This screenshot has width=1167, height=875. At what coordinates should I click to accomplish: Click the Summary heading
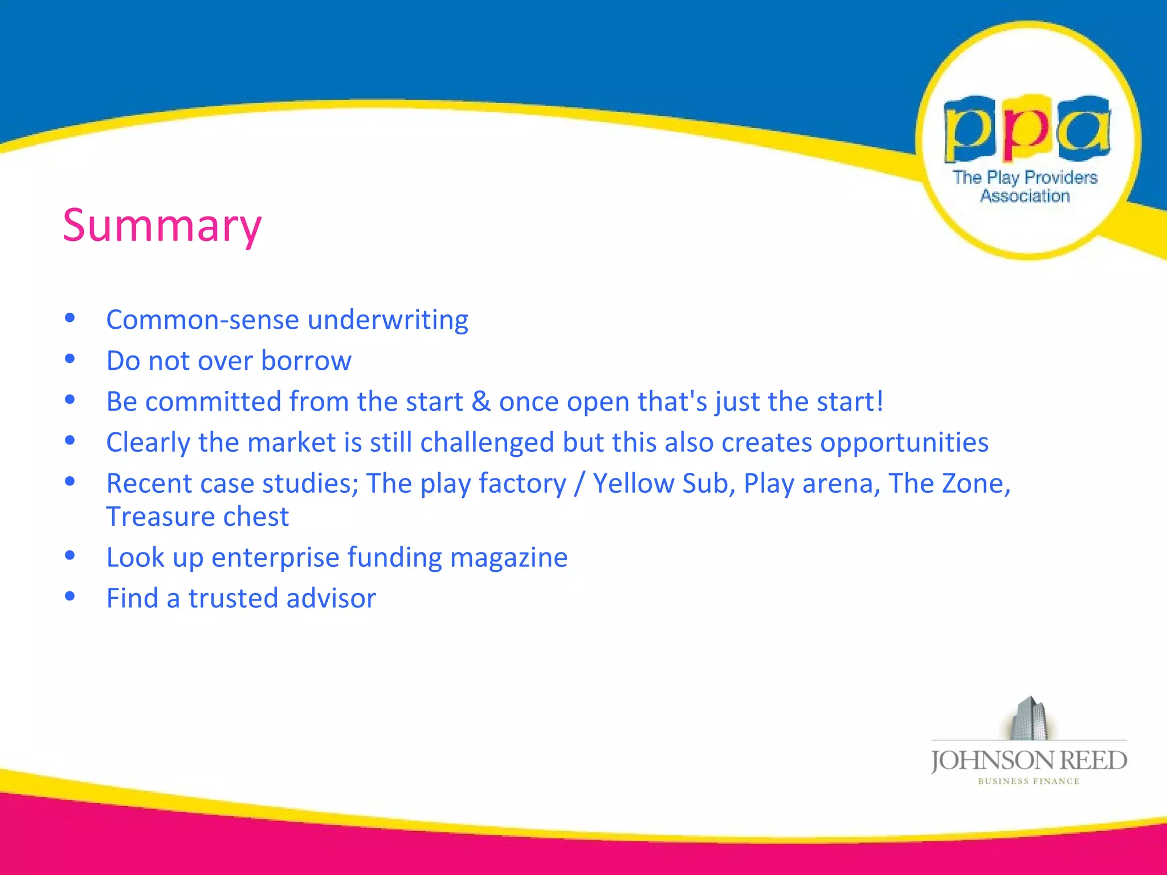click(162, 226)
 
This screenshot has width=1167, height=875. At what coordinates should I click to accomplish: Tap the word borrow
click(306, 361)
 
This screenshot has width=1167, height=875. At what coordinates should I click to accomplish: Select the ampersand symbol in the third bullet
click(480, 402)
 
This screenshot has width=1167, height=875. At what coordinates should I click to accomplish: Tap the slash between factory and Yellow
click(580, 484)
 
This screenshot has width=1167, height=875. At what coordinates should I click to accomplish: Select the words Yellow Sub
click(660, 484)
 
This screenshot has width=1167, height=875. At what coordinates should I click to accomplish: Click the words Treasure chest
click(197, 517)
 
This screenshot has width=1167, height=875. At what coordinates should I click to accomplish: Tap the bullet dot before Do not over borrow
click(70, 359)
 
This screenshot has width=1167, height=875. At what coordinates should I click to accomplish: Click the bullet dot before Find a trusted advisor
click(70, 596)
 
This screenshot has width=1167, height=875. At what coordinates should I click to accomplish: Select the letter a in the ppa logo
click(1083, 128)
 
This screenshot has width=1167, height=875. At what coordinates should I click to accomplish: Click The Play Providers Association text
click(1025, 186)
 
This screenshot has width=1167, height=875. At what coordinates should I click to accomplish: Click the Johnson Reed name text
click(1029, 760)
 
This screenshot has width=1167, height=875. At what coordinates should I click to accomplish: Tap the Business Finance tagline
click(1029, 782)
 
